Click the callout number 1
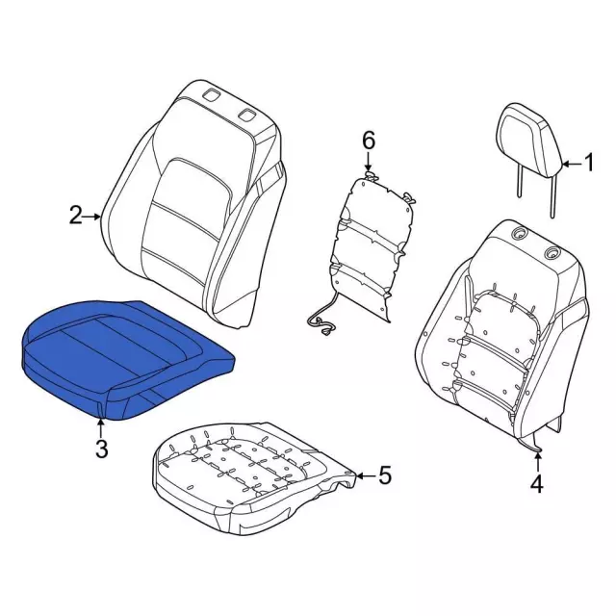(588, 163)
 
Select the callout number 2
(76, 216)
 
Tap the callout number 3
(102, 449)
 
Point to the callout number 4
(537, 484)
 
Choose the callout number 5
(385, 475)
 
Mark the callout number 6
(368, 141)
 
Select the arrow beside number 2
(93, 217)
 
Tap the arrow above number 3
(101, 427)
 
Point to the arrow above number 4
(537, 462)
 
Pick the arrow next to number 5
(365, 476)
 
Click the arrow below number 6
(368, 162)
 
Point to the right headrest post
(553, 197)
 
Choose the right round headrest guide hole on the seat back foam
(552, 254)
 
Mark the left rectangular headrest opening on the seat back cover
(212, 95)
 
